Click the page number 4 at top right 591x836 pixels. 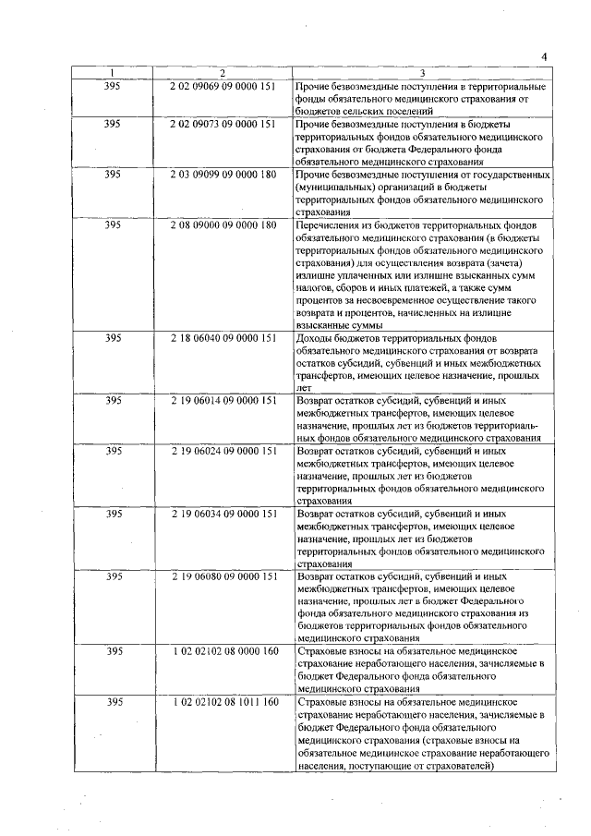pyautogui.click(x=545, y=57)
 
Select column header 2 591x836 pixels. pyautogui.click(x=223, y=73)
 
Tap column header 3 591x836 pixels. pyautogui.click(x=422, y=73)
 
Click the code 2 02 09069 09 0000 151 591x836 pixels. pyautogui.click(x=223, y=86)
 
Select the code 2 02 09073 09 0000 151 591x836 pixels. pyautogui.click(x=223, y=123)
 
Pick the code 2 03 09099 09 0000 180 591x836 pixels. pyautogui.click(x=223, y=174)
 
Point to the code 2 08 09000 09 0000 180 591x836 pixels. pyautogui.click(x=223, y=224)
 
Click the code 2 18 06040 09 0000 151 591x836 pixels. pyautogui.click(x=223, y=338)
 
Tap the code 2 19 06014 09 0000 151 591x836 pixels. pyautogui.click(x=223, y=401)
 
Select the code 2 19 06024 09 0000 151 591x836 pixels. pyautogui.click(x=223, y=451)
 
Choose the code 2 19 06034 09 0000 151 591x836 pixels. pyautogui.click(x=223, y=513)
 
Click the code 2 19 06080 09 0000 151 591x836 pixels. pyautogui.click(x=223, y=576)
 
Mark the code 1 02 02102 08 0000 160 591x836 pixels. pyautogui.click(x=223, y=652)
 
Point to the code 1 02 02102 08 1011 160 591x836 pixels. pyautogui.click(x=223, y=703)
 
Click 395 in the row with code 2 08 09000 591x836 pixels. pyautogui.click(x=112, y=224)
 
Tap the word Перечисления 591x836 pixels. pyautogui.click(x=330, y=224)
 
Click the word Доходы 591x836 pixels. pyautogui.click(x=316, y=338)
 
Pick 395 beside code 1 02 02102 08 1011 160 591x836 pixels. pyautogui.click(x=112, y=703)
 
